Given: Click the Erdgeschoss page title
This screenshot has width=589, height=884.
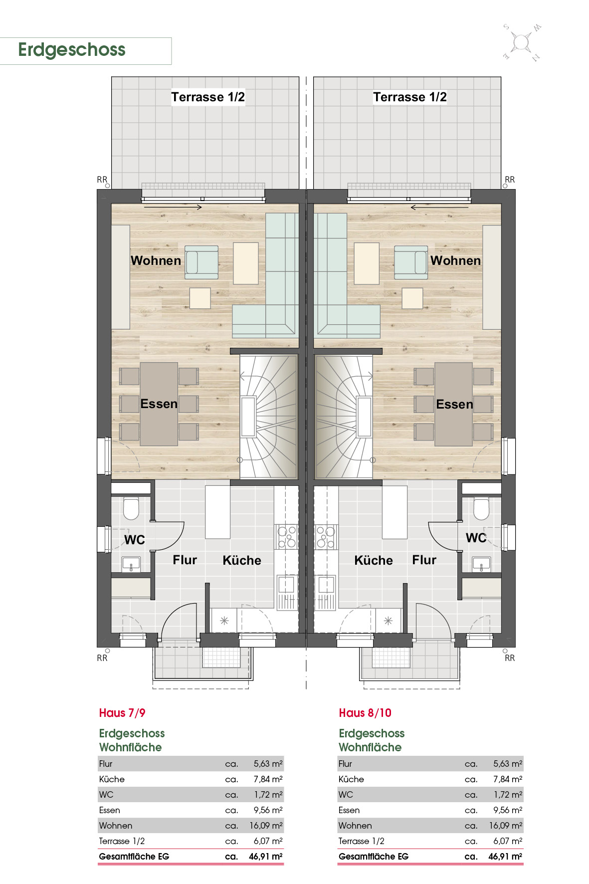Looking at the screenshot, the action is click(x=72, y=50).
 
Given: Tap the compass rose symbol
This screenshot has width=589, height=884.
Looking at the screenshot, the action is click(x=522, y=42).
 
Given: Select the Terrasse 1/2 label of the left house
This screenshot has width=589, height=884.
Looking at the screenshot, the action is click(x=208, y=97).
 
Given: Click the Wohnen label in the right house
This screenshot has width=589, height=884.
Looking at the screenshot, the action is click(x=455, y=260).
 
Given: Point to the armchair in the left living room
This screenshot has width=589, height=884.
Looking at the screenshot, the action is click(x=201, y=262).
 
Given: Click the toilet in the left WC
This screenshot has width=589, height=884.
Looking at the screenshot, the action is click(x=131, y=508).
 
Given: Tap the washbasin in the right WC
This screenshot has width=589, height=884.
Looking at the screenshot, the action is click(x=481, y=564).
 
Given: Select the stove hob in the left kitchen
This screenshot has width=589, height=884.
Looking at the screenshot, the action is click(x=286, y=537).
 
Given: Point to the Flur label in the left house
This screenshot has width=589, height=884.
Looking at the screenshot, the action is click(x=185, y=560).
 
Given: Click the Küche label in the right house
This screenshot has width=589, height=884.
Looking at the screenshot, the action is click(x=374, y=560).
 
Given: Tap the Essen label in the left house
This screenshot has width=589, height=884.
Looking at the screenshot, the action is click(x=159, y=404).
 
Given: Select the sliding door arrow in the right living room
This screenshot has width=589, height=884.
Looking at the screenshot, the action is click(x=439, y=208).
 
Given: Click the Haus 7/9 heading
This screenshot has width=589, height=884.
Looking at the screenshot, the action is click(x=122, y=713).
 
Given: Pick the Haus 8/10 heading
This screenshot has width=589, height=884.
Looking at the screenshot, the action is click(x=365, y=713).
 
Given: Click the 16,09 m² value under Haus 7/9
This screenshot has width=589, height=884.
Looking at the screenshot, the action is click(x=266, y=826).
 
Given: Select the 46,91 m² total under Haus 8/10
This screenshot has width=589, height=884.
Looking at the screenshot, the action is click(x=505, y=857).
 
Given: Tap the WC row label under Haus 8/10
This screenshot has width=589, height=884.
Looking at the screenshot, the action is click(x=346, y=795).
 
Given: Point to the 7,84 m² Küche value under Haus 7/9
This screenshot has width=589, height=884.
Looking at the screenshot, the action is click(x=268, y=779).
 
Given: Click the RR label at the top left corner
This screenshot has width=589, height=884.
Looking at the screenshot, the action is click(x=102, y=180).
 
